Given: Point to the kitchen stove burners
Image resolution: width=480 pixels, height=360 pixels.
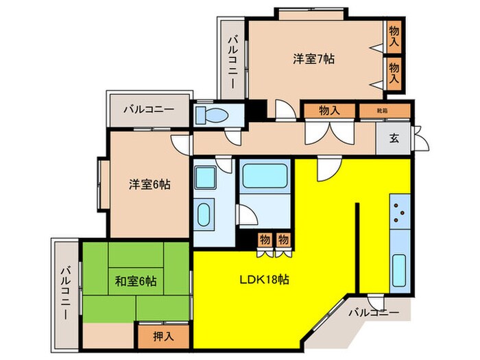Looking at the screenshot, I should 399,213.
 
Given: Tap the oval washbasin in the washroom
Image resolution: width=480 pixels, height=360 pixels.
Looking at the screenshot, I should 204,217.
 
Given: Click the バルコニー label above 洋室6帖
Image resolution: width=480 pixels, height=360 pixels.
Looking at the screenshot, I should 149,109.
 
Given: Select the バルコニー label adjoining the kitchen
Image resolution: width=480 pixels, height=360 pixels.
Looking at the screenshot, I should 373,312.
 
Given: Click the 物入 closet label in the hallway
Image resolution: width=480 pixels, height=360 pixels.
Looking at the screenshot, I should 330,110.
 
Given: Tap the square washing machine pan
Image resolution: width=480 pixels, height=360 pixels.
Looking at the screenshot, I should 204,177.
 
